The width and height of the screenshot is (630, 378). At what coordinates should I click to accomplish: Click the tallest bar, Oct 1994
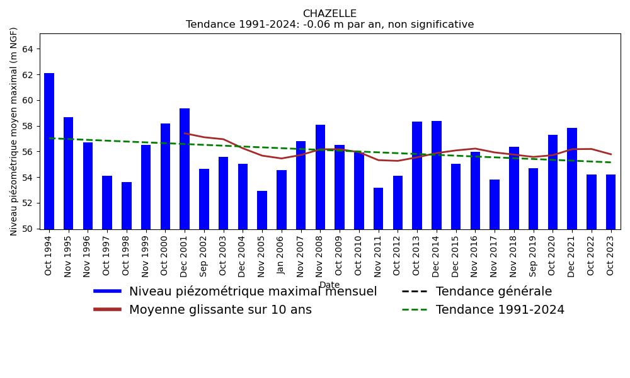(49, 151)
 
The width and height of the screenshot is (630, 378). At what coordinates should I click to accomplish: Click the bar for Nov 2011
(378, 209)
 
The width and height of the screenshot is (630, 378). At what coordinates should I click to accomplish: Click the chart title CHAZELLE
(329, 14)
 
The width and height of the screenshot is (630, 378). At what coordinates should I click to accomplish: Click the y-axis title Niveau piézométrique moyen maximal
(14, 131)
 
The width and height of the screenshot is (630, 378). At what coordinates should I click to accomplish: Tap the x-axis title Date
(329, 285)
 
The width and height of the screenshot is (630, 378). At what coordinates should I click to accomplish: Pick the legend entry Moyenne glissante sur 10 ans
(220, 310)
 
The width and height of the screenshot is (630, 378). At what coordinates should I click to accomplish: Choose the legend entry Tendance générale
(493, 292)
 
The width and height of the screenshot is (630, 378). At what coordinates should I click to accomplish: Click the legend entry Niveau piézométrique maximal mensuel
(253, 292)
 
